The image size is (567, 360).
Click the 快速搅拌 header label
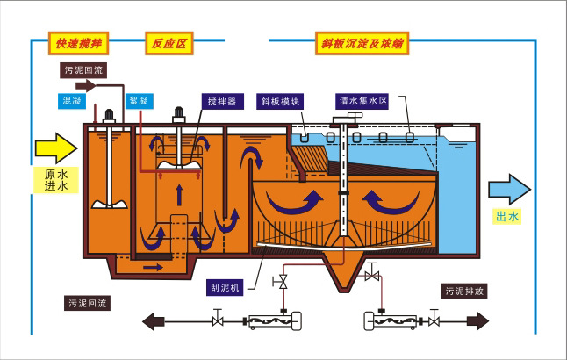click(x=79, y=42)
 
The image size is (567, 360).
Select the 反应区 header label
click(x=168, y=42)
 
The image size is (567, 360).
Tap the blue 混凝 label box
click(x=72, y=100)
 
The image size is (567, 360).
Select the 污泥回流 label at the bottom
click(x=87, y=302)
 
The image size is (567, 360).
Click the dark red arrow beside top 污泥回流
click(x=90, y=86)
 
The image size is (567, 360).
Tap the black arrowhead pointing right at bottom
click(x=480, y=321)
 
